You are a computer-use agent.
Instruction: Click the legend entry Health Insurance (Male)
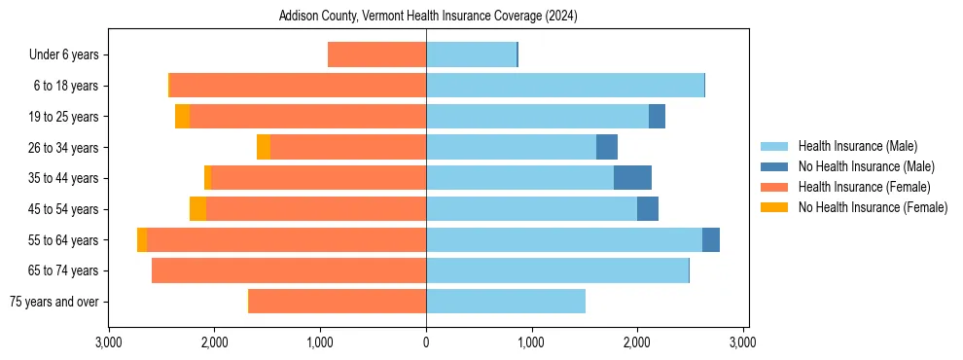(857, 146)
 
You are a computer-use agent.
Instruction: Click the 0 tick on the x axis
(426, 343)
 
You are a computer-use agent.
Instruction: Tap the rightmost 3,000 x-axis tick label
(743, 343)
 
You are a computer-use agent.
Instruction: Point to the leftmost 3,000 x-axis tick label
(109, 343)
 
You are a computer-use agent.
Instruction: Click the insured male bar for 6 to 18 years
(564, 86)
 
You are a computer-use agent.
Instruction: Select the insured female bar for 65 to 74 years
(289, 270)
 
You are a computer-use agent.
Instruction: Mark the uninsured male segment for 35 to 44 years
(632, 178)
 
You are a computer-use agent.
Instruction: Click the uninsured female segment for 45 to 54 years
(197, 209)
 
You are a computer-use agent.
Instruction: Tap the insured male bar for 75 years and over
(506, 302)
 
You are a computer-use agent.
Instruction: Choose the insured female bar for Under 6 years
(376, 55)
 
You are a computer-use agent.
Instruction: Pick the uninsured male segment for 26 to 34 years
(607, 148)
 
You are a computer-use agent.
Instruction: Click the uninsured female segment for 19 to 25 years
(182, 117)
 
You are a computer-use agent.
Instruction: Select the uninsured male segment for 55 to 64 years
(711, 240)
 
